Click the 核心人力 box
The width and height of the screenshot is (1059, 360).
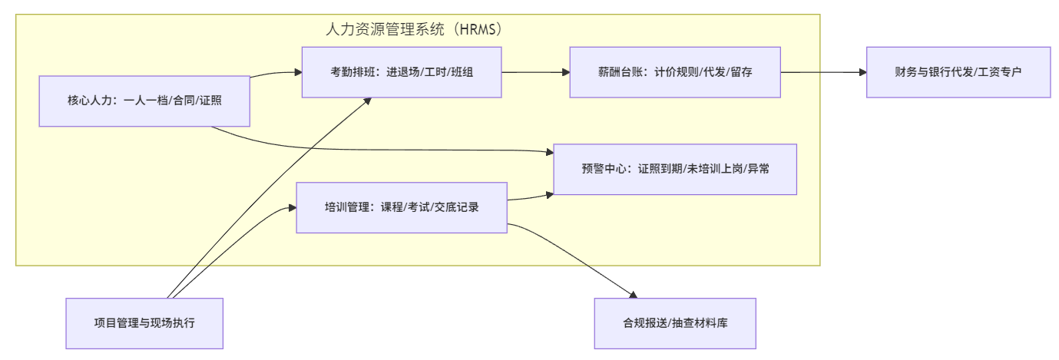click(x=144, y=101)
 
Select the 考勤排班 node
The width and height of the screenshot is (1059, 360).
click(x=402, y=72)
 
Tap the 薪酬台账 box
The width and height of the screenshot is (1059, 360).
click(x=675, y=72)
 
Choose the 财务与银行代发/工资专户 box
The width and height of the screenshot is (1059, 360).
click(x=958, y=72)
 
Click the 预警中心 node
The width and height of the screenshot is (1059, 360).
click(x=676, y=169)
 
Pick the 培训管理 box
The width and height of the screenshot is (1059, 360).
click(x=402, y=207)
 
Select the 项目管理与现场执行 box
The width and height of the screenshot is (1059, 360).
click(x=144, y=323)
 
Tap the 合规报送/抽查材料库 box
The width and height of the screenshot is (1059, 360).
click(x=675, y=323)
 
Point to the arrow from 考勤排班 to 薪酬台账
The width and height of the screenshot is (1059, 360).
click(x=535, y=72)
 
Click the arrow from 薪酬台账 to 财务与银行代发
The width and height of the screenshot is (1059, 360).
click(x=823, y=72)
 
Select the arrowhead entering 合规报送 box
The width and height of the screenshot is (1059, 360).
click(x=633, y=295)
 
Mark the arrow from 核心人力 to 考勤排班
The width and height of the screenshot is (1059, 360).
click(x=275, y=73)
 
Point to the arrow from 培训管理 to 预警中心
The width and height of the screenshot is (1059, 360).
click(x=530, y=198)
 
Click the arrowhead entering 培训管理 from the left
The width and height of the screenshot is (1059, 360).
click(x=292, y=207)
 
